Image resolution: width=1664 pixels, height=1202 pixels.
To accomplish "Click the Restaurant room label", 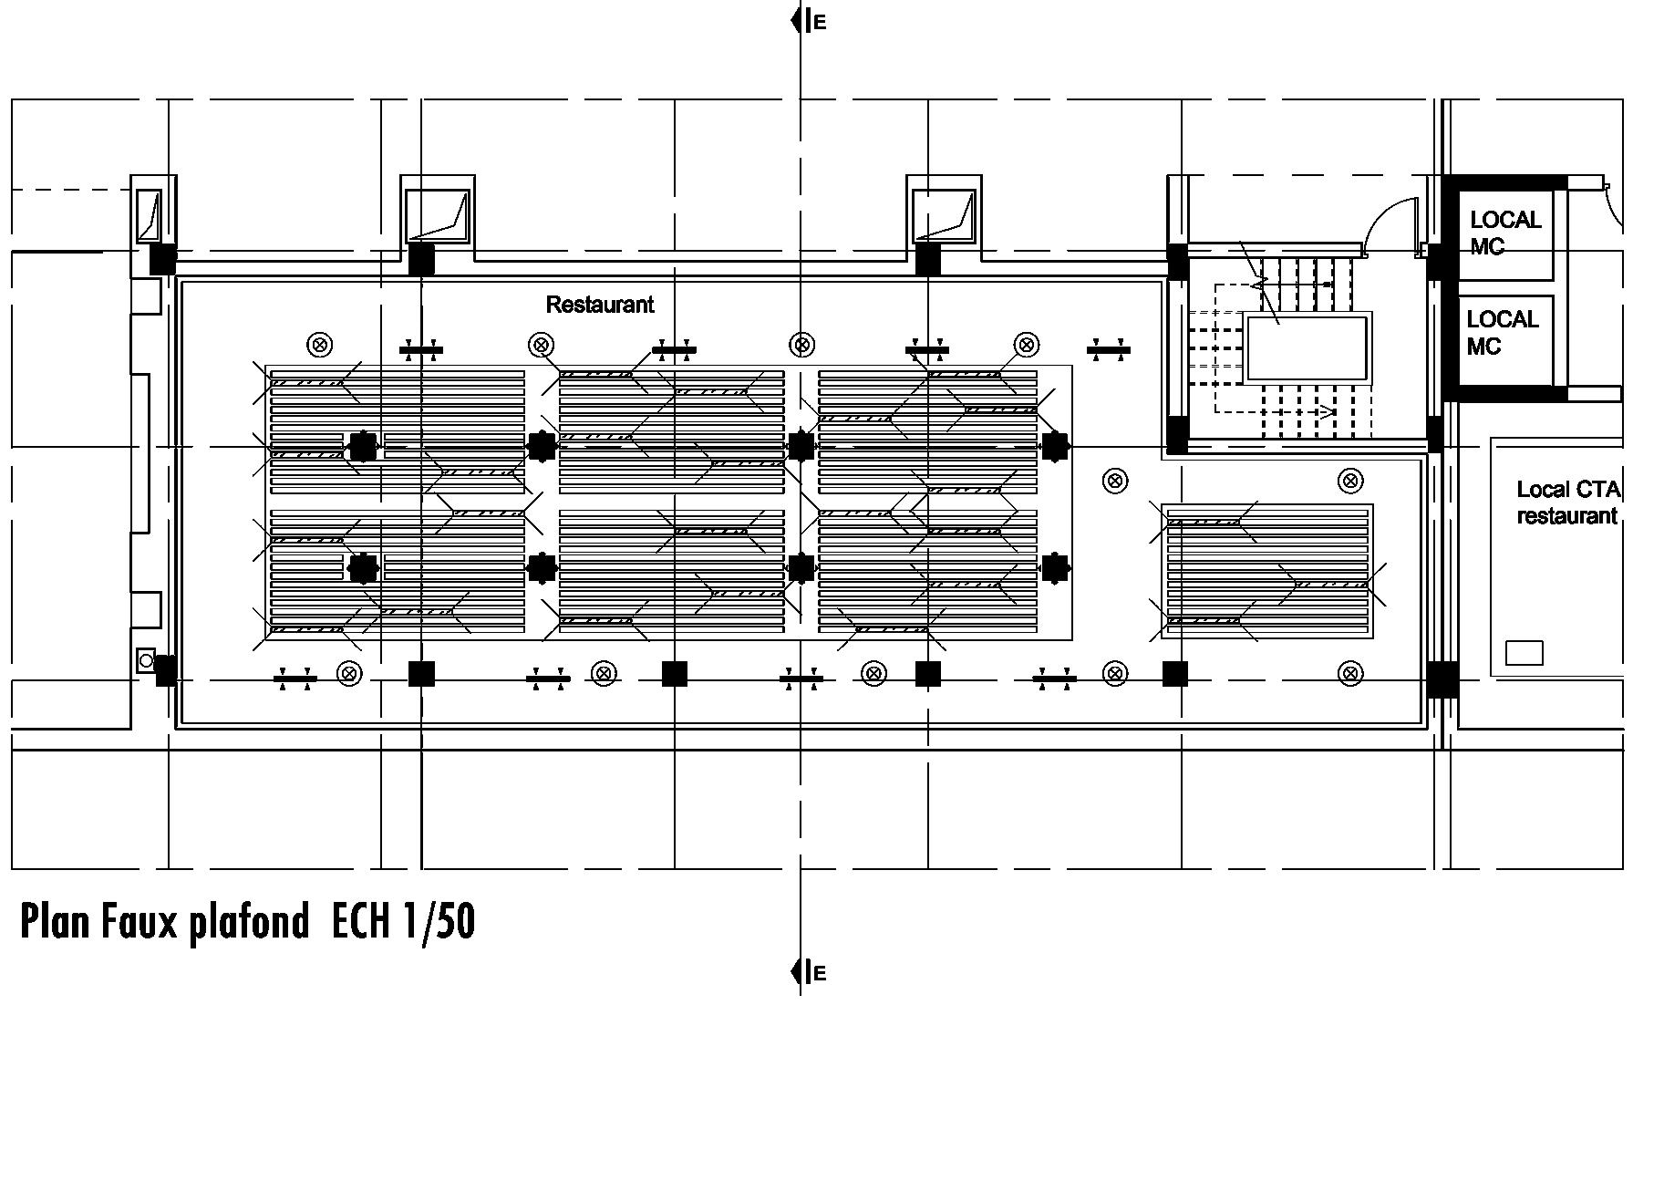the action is tap(599, 305).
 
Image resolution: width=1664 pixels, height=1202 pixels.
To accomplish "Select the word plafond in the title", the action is tap(248, 923).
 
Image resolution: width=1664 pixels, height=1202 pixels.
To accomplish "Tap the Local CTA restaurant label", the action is tap(1566, 503).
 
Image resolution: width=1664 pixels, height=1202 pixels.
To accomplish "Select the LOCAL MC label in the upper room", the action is tap(1504, 233).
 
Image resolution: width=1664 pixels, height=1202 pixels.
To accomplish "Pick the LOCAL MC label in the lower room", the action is tap(1502, 333).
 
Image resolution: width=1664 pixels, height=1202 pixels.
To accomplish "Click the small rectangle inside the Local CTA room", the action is tap(1524, 653).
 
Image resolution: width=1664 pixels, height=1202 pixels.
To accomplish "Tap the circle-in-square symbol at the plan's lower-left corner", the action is tap(146, 659).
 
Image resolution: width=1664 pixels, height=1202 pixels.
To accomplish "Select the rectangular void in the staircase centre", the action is tap(1307, 347).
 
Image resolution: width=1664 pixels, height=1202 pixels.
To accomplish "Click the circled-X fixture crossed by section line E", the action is tap(801, 345).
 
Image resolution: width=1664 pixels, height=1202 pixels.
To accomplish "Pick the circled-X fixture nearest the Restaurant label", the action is tap(541, 345).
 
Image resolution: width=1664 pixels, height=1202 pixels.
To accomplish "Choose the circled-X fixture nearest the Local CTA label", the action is tap(1350, 481).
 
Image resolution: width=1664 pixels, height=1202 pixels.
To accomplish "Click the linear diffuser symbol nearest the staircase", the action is tap(1109, 349).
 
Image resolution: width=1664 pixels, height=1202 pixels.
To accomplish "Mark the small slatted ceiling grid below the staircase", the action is tap(1267, 571).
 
